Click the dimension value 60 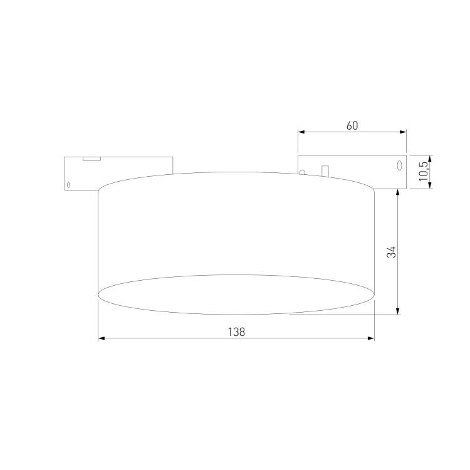tap(352, 125)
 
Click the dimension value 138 tap(236, 332)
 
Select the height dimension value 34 tap(392, 252)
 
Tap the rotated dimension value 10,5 tap(423, 171)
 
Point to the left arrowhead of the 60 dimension tap(301, 132)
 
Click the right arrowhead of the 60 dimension tap(403, 132)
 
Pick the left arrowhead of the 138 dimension tap(102, 338)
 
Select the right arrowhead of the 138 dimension tap(371, 338)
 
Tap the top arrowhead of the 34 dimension tap(398, 192)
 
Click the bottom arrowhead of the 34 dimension tap(398, 311)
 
